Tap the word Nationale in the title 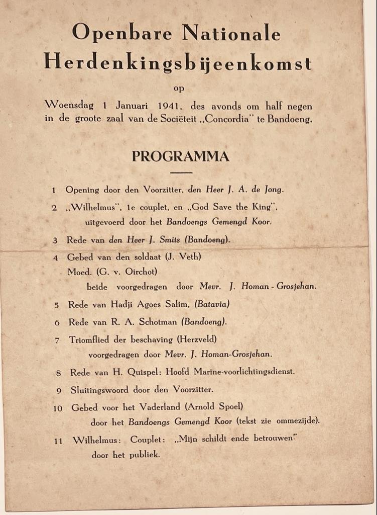[231, 33]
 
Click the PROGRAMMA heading [181, 156]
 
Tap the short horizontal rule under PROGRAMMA [181, 173]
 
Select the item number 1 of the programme [54, 191]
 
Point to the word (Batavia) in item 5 [212, 304]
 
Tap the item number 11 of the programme [58, 441]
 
